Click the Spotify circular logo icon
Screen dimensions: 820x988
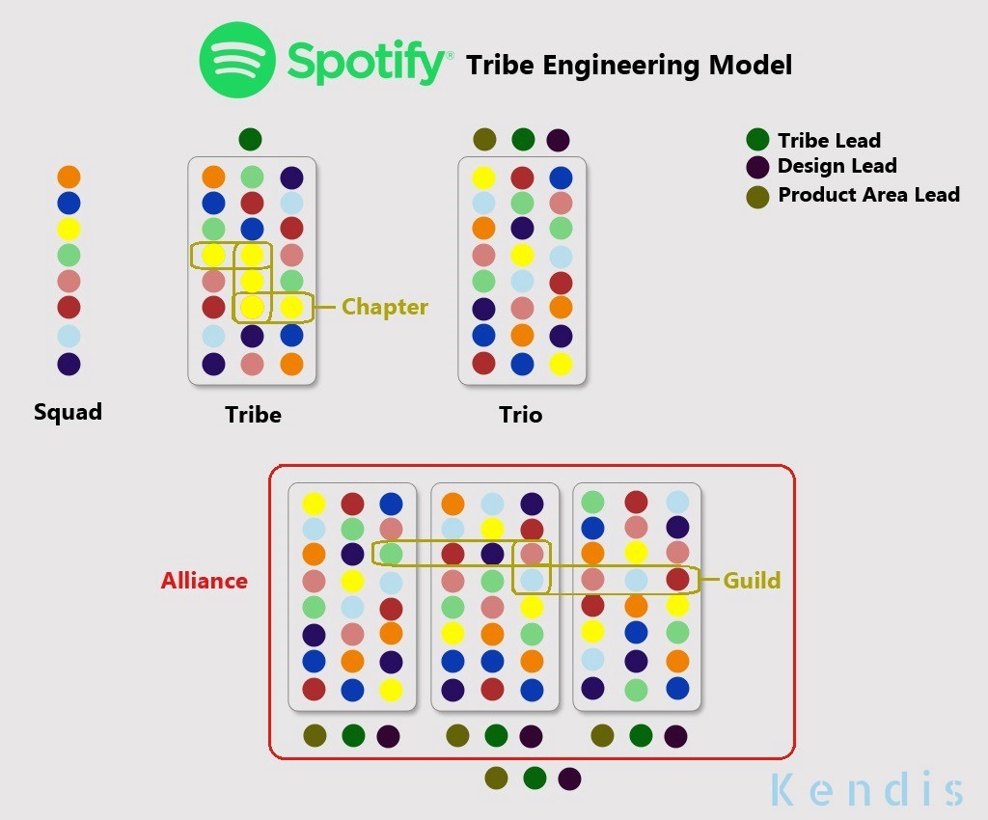point(237,60)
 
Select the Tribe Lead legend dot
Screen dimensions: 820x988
point(758,140)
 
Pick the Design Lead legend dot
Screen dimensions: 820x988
point(758,166)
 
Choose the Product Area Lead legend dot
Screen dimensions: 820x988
point(758,196)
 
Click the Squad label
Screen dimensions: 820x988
point(68,412)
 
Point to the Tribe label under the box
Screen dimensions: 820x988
point(253,415)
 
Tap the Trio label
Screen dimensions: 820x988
point(520,415)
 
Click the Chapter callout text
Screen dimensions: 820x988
point(385,307)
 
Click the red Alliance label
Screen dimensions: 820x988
point(204,581)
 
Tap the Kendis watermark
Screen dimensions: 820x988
point(866,789)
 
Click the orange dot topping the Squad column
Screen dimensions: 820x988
point(69,178)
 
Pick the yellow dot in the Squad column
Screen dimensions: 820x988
point(69,230)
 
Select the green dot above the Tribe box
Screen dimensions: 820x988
point(250,139)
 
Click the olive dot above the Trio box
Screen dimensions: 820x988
point(484,140)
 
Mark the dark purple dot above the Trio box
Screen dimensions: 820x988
point(558,140)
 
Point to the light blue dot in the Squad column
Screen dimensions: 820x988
point(69,337)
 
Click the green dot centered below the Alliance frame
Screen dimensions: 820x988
point(533,778)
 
